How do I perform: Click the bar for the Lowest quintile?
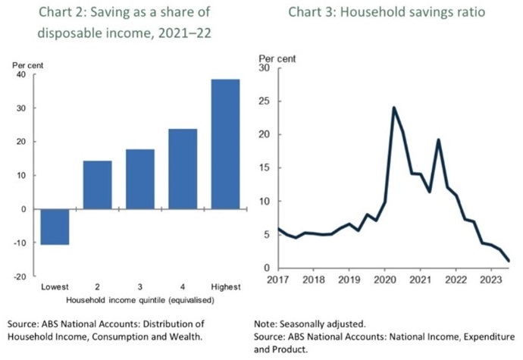click(55, 227)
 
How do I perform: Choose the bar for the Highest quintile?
click(225, 144)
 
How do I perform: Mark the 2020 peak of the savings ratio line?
click(394, 108)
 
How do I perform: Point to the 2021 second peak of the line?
click(438, 139)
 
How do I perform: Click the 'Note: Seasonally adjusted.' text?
click(311, 324)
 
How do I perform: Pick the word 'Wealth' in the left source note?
click(187, 336)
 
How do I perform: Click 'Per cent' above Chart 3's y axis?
click(277, 58)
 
